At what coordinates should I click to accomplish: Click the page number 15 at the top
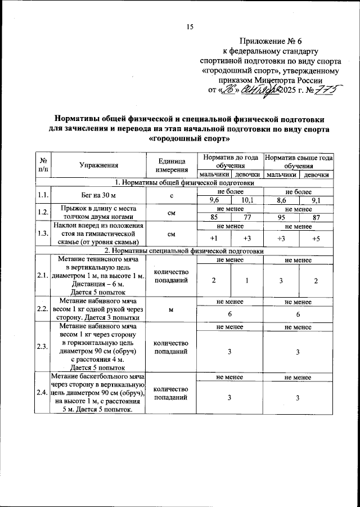pyautogui.click(x=190, y=27)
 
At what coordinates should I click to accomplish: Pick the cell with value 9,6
pyautogui.click(x=214, y=200)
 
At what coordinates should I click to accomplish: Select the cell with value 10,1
pyautogui.click(x=247, y=200)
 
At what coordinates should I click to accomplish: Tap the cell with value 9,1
pyautogui.click(x=316, y=200)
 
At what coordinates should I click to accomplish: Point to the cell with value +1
pyautogui.click(x=214, y=239)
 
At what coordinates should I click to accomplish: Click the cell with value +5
pyautogui.click(x=316, y=239)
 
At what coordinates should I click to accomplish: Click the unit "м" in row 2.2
pyautogui.click(x=172, y=308)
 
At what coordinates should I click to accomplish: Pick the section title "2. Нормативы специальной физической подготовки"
pyautogui.click(x=185, y=250)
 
